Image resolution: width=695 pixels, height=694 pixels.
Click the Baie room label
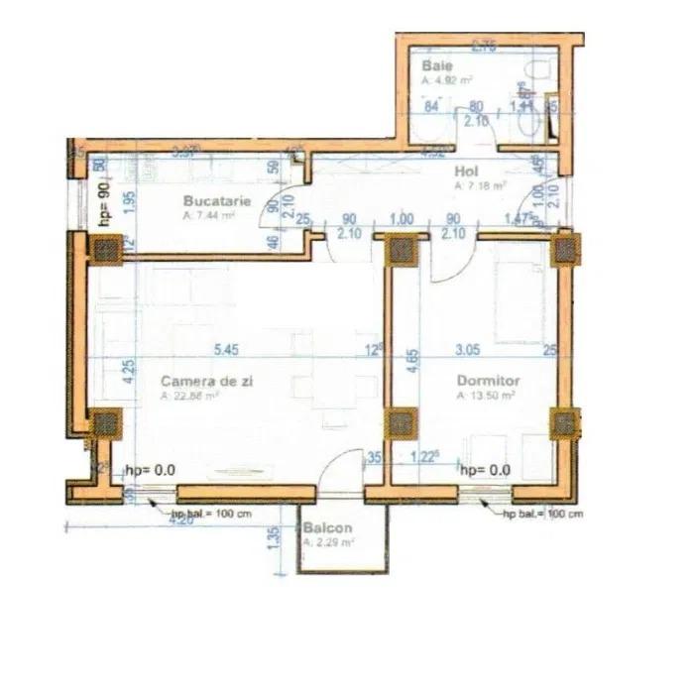coord(437,66)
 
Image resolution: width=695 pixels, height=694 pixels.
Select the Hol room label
coord(467,171)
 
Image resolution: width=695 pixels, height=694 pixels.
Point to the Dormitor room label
coord(488,380)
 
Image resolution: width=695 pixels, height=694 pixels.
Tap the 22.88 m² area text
coord(188,395)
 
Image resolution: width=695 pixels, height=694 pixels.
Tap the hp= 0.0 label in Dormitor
coord(486,470)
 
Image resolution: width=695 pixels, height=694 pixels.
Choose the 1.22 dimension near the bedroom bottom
coord(425,457)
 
